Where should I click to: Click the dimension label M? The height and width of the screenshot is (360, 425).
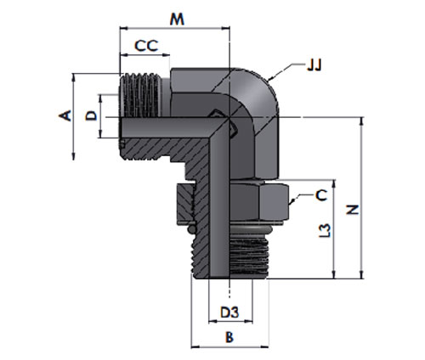point(177,20)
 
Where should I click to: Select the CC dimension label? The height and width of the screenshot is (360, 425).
point(146,46)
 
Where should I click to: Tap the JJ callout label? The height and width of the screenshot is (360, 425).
point(314,65)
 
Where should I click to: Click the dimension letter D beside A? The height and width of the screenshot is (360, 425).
point(91,116)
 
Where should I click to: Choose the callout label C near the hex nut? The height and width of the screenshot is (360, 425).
point(321,195)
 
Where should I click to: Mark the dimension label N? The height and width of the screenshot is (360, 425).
point(353,210)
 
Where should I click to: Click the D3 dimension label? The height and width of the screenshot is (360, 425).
point(229,312)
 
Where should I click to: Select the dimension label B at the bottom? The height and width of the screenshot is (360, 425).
point(229,337)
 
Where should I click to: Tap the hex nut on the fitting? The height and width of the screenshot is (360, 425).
point(233,202)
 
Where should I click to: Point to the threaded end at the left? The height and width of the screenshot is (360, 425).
point(140,95)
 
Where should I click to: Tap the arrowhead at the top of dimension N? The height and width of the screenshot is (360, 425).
point(361,120)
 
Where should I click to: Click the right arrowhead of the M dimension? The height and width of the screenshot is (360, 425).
point(226,28)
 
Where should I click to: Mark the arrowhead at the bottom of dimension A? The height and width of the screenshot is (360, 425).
point(74,157)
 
